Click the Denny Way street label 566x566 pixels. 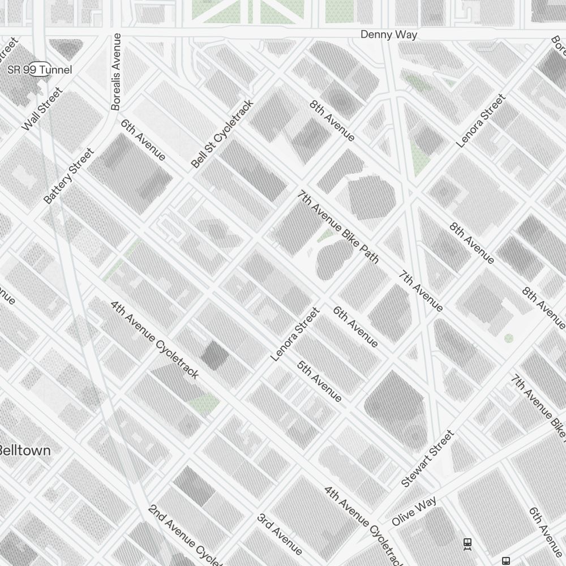(389, 35)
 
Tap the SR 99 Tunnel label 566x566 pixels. (40, 70)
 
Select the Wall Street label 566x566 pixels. (41, 109)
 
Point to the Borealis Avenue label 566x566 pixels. (117, 71)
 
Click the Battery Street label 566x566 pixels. (68, 176)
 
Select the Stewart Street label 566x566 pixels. (427, 458)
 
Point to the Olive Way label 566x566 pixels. (414, 511)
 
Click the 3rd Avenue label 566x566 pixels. (280, 534)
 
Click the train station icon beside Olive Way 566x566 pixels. (468, 543)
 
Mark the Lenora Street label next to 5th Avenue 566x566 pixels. (295, 334)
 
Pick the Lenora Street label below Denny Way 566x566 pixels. (481, 121)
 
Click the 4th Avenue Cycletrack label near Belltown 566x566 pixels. (155, 339)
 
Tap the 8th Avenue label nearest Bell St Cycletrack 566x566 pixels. (332, 121)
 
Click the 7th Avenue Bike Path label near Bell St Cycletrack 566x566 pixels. (338, 226)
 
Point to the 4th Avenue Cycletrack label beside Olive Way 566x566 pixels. (364, 524)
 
